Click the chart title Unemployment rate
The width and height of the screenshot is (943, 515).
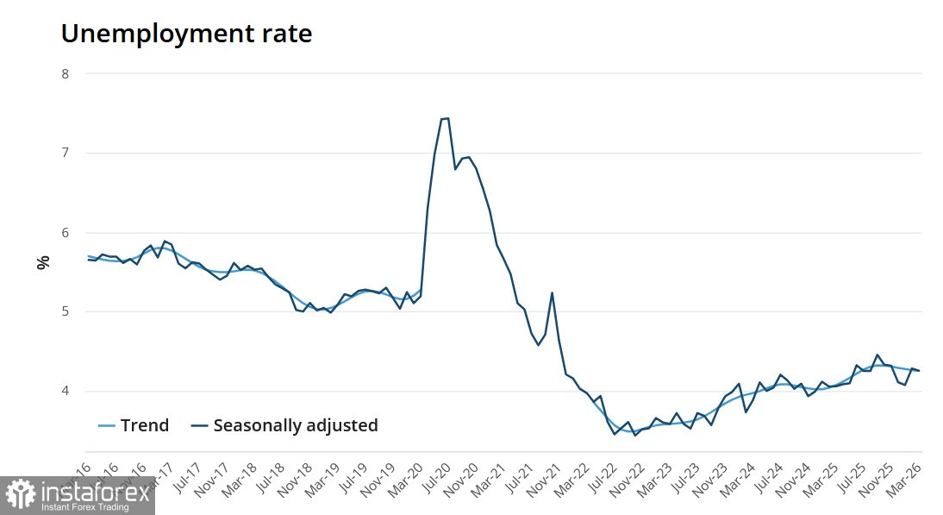click(x=186, y=34)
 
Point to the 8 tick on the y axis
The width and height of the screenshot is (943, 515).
click(x=65, y=74)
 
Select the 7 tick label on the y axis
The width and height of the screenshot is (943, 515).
click(x=65, y=154)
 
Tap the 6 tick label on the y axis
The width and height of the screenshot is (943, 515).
click(x=65, y=233)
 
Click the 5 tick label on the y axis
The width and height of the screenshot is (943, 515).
click(x=65, y=312)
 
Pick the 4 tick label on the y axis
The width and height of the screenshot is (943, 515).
click(x=65, y=392)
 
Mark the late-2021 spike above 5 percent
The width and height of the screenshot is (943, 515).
click(x=552, y=293)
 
